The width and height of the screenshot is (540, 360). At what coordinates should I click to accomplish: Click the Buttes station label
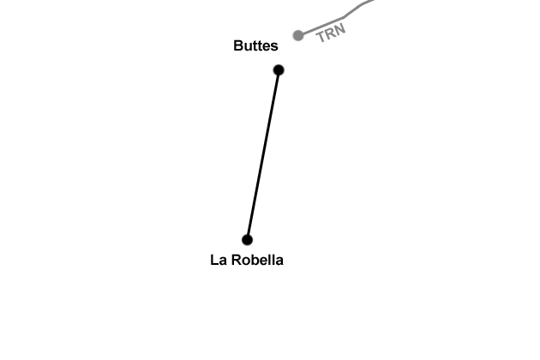255,46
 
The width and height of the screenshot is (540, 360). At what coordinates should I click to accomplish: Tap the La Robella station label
246,260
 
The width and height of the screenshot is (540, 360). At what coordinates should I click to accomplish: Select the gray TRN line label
331,33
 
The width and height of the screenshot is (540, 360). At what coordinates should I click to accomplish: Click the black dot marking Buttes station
279,69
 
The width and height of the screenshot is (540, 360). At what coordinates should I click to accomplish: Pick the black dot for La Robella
247,240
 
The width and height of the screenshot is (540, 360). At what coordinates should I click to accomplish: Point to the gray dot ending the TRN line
298,35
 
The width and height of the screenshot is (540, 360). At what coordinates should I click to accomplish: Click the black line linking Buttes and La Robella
263,154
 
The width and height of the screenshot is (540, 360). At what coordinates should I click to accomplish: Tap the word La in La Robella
218,260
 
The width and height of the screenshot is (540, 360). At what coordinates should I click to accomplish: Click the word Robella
258,260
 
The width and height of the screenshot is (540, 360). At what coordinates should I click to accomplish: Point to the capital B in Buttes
238,46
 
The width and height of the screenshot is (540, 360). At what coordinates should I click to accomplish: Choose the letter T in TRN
321,37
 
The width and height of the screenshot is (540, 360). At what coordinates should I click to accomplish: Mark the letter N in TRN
340,29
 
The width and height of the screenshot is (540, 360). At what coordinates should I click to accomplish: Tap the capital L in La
214,260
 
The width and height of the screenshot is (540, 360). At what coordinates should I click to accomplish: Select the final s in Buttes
274,46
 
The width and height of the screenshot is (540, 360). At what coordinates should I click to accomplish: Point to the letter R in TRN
331,33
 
